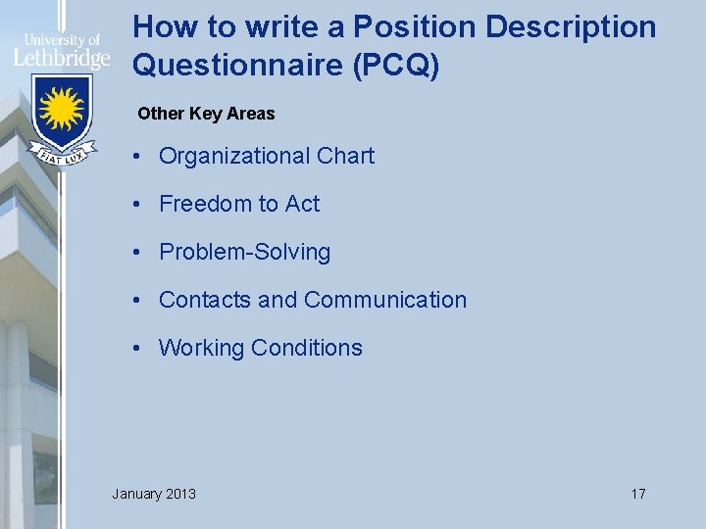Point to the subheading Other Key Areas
point(206,114)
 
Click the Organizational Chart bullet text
point(266,156)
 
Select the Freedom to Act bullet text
point(239,204)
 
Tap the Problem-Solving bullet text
point(244,252)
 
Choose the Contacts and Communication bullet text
point(312,300)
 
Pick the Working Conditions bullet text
point(260,348)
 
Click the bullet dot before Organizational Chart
point(142,157)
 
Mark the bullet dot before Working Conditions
point(142,349)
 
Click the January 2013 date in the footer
point(154,494)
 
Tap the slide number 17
point(637,494)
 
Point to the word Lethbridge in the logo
point(61,58)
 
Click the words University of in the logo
point(61,40)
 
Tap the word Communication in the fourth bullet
point(385,300)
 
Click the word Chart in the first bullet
point(345,156)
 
